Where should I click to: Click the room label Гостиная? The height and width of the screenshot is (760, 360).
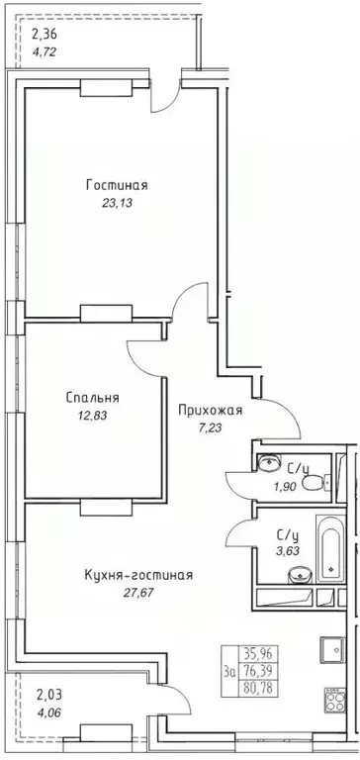pos(117,184)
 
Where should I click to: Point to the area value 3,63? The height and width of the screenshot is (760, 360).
pos(291,542)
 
